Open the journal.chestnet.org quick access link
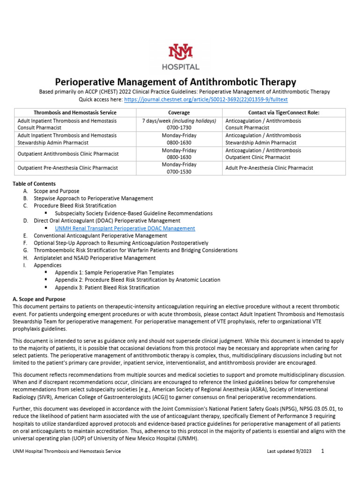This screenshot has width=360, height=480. click(206, 100)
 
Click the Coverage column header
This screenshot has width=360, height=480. click(179, 112)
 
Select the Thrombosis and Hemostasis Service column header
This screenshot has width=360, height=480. click(75, 112)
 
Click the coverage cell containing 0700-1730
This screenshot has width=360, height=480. click(179, 127)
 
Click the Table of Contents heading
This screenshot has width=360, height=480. click(34, 184)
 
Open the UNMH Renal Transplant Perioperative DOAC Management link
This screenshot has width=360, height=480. click(125, 228)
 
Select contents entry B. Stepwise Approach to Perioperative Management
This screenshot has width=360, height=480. click(93, 198)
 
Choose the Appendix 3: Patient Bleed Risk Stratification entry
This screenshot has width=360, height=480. click(107, 287)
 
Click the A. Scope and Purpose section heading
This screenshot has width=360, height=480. click(39, 299)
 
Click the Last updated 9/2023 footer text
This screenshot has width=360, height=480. click(288, 451)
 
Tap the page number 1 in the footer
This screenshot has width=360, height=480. click(322, 451)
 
